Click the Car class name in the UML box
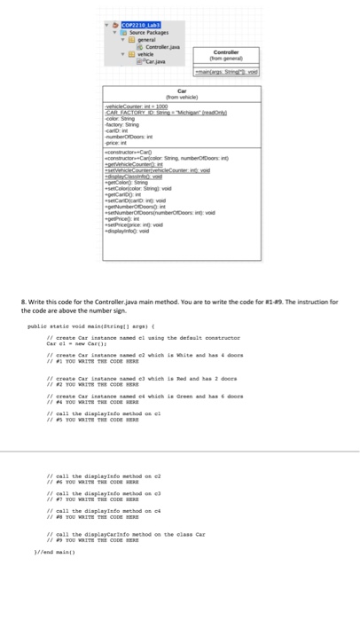click(x=181, y=90)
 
